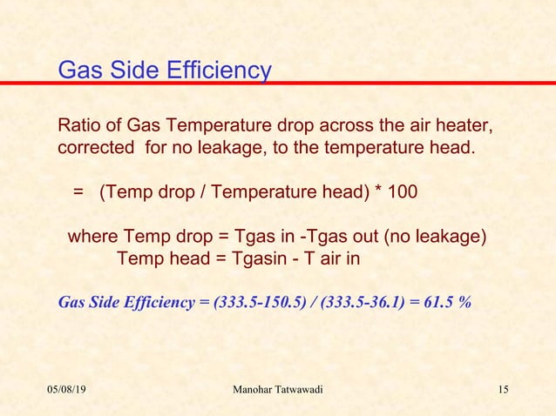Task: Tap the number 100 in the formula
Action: (x=401, y=191)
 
